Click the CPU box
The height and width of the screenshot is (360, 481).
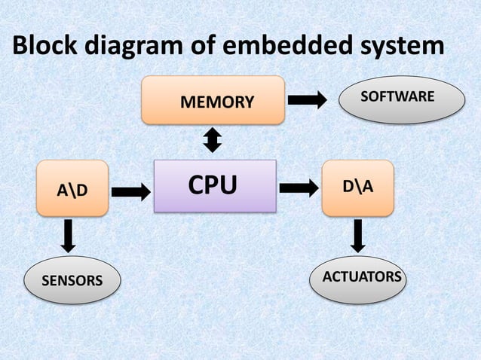[215, 185]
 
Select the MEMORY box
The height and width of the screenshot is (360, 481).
[213, 99]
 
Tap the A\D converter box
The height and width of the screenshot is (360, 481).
[72, 188]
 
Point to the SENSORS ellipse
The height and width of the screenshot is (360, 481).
[72, 280]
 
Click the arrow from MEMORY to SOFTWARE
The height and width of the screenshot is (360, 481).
[307, 99]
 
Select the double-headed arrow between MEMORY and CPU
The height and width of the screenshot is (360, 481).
[213, 140]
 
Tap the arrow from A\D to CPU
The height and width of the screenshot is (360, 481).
[130, 192]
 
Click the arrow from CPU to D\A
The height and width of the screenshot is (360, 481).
[299, 188]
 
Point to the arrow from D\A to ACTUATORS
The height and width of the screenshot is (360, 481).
[358, 236]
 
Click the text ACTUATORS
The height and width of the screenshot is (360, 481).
[362, 276]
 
